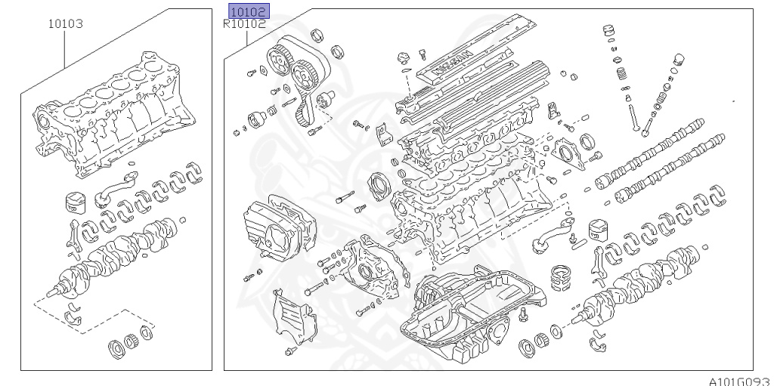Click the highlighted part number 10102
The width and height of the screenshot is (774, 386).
(248, 12)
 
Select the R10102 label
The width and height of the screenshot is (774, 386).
(244, 24)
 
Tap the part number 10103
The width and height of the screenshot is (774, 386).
(65, 24)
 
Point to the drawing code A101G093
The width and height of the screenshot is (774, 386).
(738, 380)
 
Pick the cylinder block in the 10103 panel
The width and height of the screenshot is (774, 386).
(113, 121)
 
